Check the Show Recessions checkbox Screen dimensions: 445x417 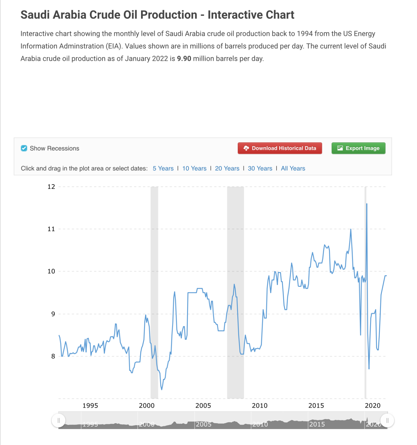(24, 148)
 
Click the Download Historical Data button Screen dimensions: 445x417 (280, 148)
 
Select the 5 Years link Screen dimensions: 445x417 (163, 168)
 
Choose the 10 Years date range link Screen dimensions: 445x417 (194, 168)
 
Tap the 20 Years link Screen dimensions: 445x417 (227, 168)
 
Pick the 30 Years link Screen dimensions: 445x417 (260, 168)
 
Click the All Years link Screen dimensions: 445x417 (293, 168)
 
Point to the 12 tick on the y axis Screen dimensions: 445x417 (51, 187)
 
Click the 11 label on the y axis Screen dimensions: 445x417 (51, 229)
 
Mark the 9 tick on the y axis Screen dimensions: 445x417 (53, 314)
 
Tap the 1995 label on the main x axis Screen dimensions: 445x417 (90, 406)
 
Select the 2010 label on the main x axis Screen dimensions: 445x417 (260, 406)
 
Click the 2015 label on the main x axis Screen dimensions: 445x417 (316, 406)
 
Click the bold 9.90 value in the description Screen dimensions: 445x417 (184, 59)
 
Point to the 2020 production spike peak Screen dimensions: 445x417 (367, 204)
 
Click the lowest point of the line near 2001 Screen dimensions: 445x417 (162, 389)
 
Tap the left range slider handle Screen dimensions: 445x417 (59, 420)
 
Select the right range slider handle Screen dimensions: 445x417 (387, 420)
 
